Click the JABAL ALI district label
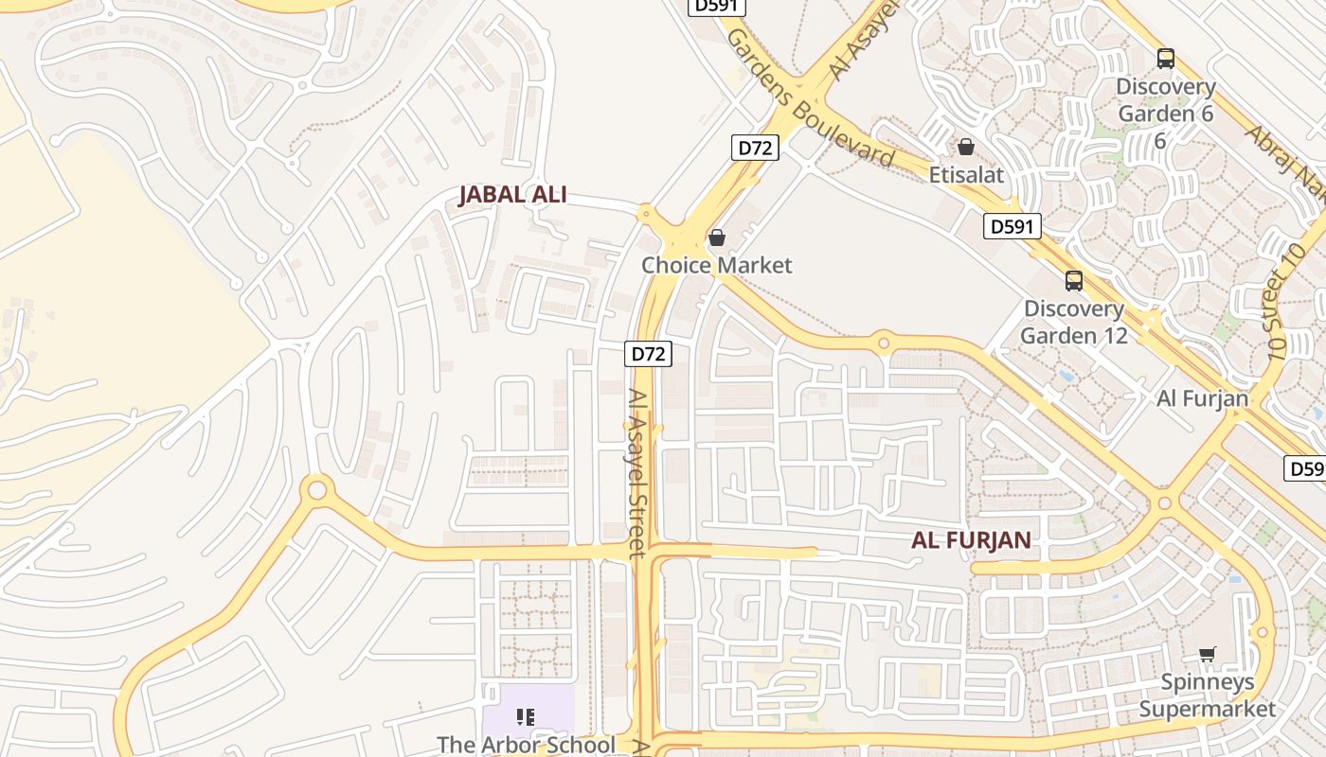coord(512,195)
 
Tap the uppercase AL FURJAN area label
coord(971,540)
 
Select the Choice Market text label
coord(716,265)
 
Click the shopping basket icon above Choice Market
coord(717,238)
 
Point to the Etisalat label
coord(966,175)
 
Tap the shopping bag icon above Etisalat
coord(966,148)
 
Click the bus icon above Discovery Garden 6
coord(1165,59)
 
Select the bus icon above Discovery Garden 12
coord(1073,281)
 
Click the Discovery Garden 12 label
coord(1074,322)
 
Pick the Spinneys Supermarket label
coord(1207,695)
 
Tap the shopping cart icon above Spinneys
coord(1207,654)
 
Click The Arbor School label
coord(526,745)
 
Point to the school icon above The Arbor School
coord(526,717)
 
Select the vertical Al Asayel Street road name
coord(637,473)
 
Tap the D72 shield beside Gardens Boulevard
coord(756,148)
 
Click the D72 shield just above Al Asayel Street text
coord(649,354)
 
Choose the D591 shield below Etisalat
coord(1012,226)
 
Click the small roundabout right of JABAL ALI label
coord(646,212)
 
